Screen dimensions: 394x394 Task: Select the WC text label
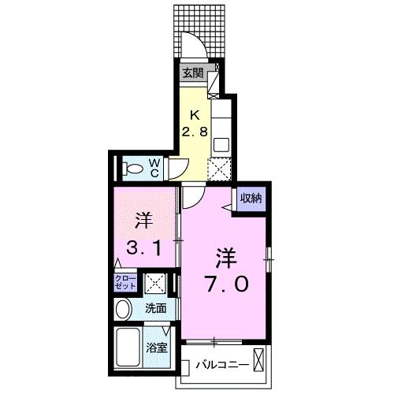coord(155,166)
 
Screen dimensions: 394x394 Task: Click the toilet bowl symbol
coord(133,167)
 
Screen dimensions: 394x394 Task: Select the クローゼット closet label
coord(126,282)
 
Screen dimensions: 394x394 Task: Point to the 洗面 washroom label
coord(154,309)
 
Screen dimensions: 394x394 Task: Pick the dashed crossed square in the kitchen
coord(218,169)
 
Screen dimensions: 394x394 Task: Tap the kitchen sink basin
coord(221,145)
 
